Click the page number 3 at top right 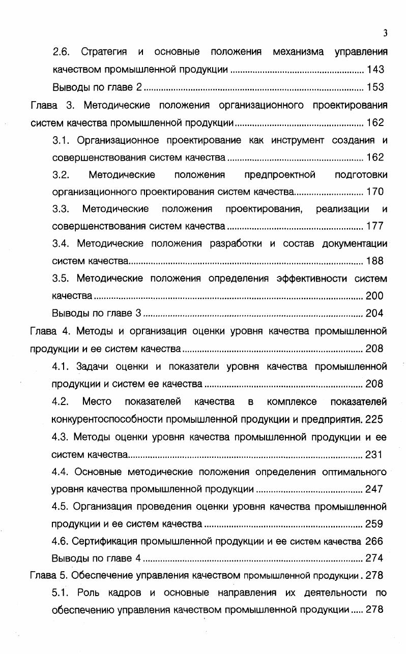coord(385,34)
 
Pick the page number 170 coord(375,192)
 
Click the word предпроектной coord(280,175)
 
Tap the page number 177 coord(375,226)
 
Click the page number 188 coord(375,261)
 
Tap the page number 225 coord(374,419)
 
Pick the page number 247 coord(374,489)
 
